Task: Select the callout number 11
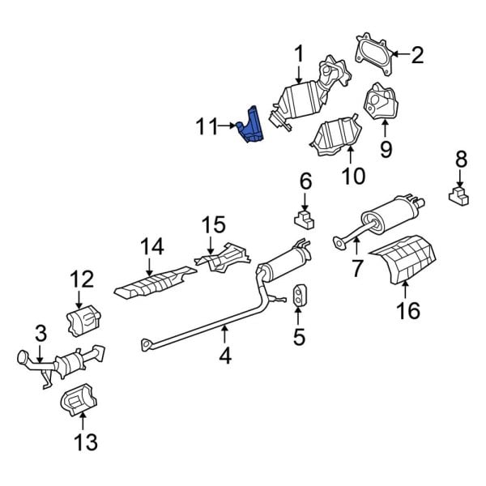click(x=207, y=126)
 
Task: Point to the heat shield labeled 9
click(x=380, y=102)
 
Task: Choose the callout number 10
click(x=354, y=174)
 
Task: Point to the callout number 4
click(x=225, y=354)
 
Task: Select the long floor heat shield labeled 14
click(x=154, y=281)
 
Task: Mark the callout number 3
click(x=40, y=332)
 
